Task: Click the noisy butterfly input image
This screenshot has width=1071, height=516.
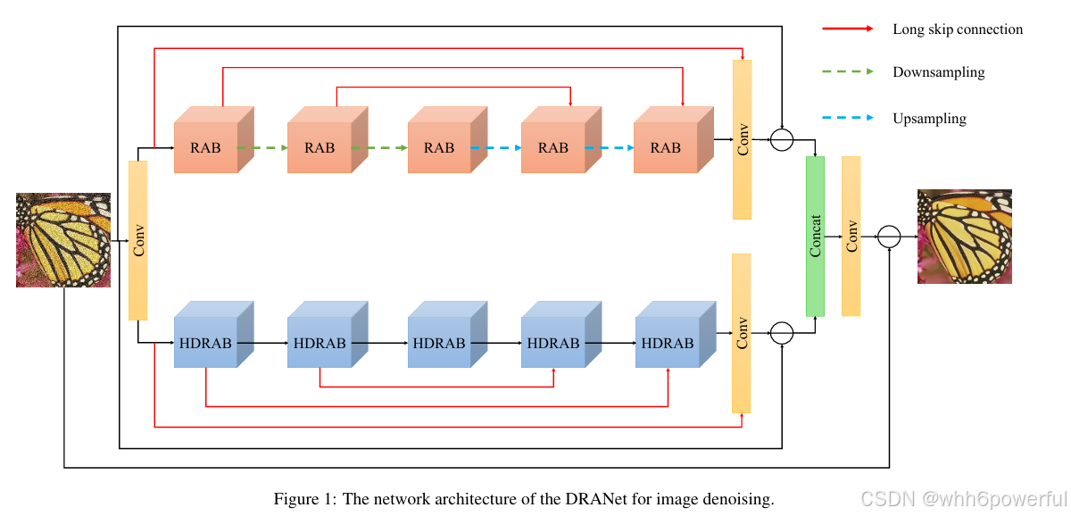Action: pos(63,240)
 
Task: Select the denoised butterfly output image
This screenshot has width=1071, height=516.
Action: pos(965,237)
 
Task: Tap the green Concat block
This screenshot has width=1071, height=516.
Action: pos(815,236)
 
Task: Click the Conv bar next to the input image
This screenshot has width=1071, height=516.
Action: pos(137,239)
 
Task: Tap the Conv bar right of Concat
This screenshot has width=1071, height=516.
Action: pos(851,236)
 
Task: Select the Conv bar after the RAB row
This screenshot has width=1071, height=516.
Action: pos(742,139)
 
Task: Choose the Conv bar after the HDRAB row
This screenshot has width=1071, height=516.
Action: pos(741,333)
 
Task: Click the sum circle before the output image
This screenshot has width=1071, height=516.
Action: pos(889,237)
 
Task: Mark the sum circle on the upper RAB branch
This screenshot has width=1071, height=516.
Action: pos(781,140)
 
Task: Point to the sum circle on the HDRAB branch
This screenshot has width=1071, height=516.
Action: pos(781,333)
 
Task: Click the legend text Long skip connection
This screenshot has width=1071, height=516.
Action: pos(958,29)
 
